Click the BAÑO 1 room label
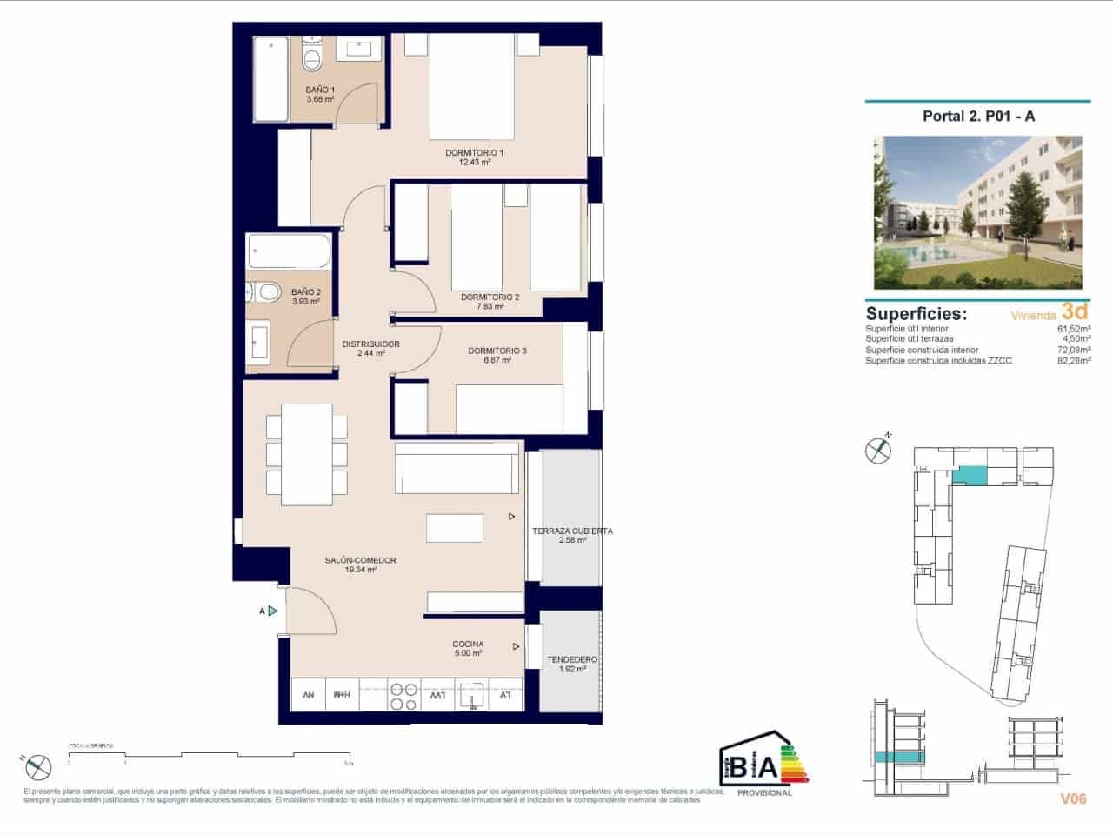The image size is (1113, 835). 320,90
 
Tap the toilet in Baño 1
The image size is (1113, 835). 312,57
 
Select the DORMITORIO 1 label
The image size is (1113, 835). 475,153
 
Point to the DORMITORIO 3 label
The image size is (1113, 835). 497,351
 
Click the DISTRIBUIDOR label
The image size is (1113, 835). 370,344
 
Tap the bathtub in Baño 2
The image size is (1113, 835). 289,251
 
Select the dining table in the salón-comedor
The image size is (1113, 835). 306,456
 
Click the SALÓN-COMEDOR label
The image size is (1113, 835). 360,561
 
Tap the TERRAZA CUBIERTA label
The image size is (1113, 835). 572,531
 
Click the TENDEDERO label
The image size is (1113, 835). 571,660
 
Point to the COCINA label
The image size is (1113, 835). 468,645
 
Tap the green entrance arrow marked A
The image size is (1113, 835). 272,611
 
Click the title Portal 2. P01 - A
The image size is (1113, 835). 979,117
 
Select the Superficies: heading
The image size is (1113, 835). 916,314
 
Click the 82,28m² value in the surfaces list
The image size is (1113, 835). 1073,360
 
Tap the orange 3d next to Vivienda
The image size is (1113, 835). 1075,311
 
